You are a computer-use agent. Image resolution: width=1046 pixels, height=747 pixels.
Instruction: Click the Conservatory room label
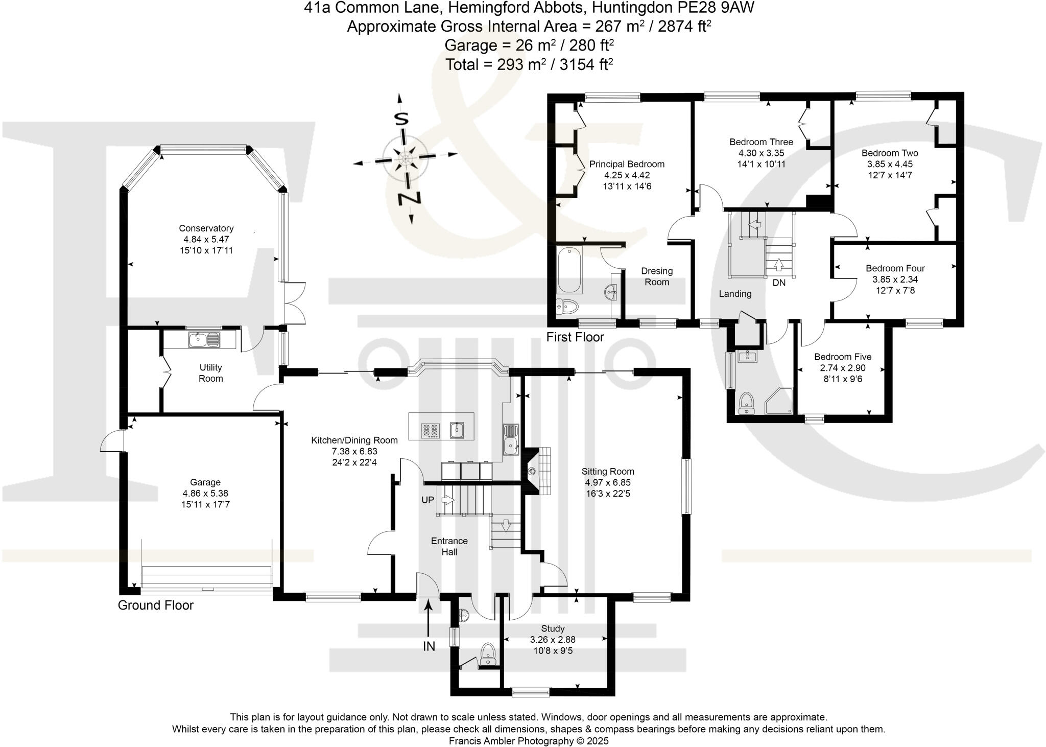(x=206, y=228)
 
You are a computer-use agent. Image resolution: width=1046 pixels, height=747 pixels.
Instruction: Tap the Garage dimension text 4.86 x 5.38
(x=205, y=494)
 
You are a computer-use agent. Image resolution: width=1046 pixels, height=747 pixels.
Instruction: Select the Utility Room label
(x=210, y=373)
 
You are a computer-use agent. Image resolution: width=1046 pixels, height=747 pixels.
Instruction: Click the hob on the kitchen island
(x=431, y=431)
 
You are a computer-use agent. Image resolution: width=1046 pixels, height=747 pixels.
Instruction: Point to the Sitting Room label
(x=608, y=472)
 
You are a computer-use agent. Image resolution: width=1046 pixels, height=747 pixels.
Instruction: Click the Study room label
(x=553, y=628)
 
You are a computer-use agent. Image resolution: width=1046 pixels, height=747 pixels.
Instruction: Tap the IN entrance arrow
(x=428, y=618)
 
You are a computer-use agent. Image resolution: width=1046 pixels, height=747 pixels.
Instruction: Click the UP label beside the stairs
(x=427, y=500)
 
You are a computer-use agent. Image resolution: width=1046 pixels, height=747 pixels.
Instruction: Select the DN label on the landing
(x=779, y=283)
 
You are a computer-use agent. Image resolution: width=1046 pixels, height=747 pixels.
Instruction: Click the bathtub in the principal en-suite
(x=569, y=270)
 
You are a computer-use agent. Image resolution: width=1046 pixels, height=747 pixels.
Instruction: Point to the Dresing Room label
(x=657, y=276)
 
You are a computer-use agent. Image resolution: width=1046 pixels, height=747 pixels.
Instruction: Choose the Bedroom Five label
(x=843, y=357)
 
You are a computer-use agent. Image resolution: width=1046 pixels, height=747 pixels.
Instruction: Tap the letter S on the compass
(x=401, y=119)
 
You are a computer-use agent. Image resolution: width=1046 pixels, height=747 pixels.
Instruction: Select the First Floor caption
(x=575, y=337)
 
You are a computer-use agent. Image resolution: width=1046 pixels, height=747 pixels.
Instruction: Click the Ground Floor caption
(x=156, y=605)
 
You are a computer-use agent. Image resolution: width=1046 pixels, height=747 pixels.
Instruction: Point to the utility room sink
(x=204, y=339)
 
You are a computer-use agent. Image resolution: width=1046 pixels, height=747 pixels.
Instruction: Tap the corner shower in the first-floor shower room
(x=779, y=401)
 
